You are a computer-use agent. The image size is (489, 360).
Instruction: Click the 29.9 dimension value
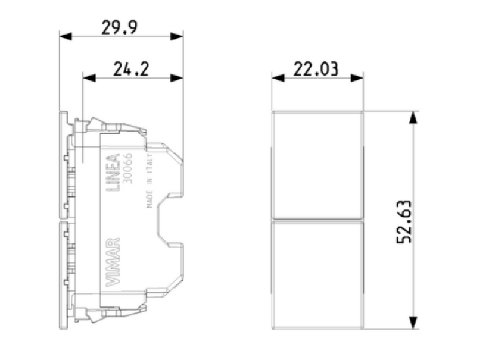[119, 28]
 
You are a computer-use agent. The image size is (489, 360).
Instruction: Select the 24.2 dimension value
[131, 69]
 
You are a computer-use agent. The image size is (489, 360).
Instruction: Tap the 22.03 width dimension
[316, 69]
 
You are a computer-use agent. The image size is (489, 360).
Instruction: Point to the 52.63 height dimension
[404, 222]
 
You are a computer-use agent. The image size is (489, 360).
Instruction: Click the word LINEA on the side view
[113, 173]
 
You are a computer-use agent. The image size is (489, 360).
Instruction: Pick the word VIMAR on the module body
[113, 262]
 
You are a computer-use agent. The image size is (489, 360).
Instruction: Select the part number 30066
[128, 168]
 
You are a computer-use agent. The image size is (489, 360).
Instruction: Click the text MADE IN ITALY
[149, 181]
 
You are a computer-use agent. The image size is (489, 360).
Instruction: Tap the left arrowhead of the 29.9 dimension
[66, 36]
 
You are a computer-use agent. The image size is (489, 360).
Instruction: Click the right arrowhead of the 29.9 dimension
[177, 36]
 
